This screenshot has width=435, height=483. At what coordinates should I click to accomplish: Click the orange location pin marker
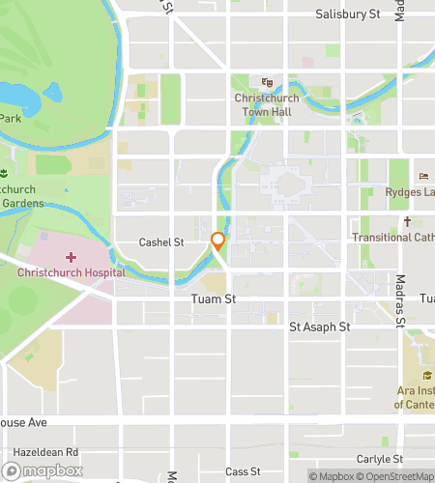pos(218,241)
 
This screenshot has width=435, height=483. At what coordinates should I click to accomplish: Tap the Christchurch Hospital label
pos(71,272)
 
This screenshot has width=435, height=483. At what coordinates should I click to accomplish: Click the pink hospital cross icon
pos(71,257)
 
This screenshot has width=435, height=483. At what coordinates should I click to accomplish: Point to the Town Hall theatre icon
pos(268,83)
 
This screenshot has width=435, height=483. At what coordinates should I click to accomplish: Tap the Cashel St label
pos(160,242)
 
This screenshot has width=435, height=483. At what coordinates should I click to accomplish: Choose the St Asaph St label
pos(319,327)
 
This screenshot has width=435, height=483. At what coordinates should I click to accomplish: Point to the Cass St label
pos(243,471)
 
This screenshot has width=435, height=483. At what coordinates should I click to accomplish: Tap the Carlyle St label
pos(378,459)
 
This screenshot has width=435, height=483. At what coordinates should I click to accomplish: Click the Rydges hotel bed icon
pos(423,176)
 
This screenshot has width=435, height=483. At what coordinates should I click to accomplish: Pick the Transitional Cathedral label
pos(392,238)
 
